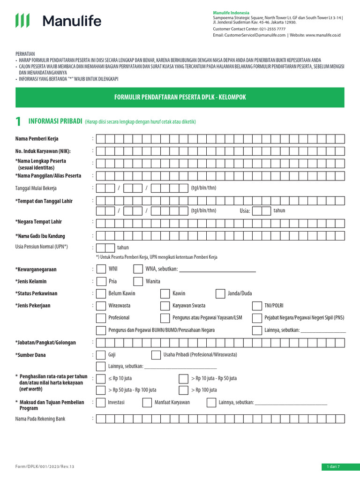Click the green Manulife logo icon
(22, 21)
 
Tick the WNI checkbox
(101, 269)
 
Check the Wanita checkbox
(138, 282)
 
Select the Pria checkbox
(101, 282)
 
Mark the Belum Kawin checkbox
(101, 294)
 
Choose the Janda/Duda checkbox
(220, 294)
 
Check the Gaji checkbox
(101, 355)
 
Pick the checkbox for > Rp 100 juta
(184, 390)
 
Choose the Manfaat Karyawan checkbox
(147, 403)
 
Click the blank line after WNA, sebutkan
(217, 269)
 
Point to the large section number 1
(18, 122)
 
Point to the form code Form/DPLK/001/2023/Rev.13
(45, 467)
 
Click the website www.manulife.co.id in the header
(323, 35)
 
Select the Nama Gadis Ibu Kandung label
(40, 236)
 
